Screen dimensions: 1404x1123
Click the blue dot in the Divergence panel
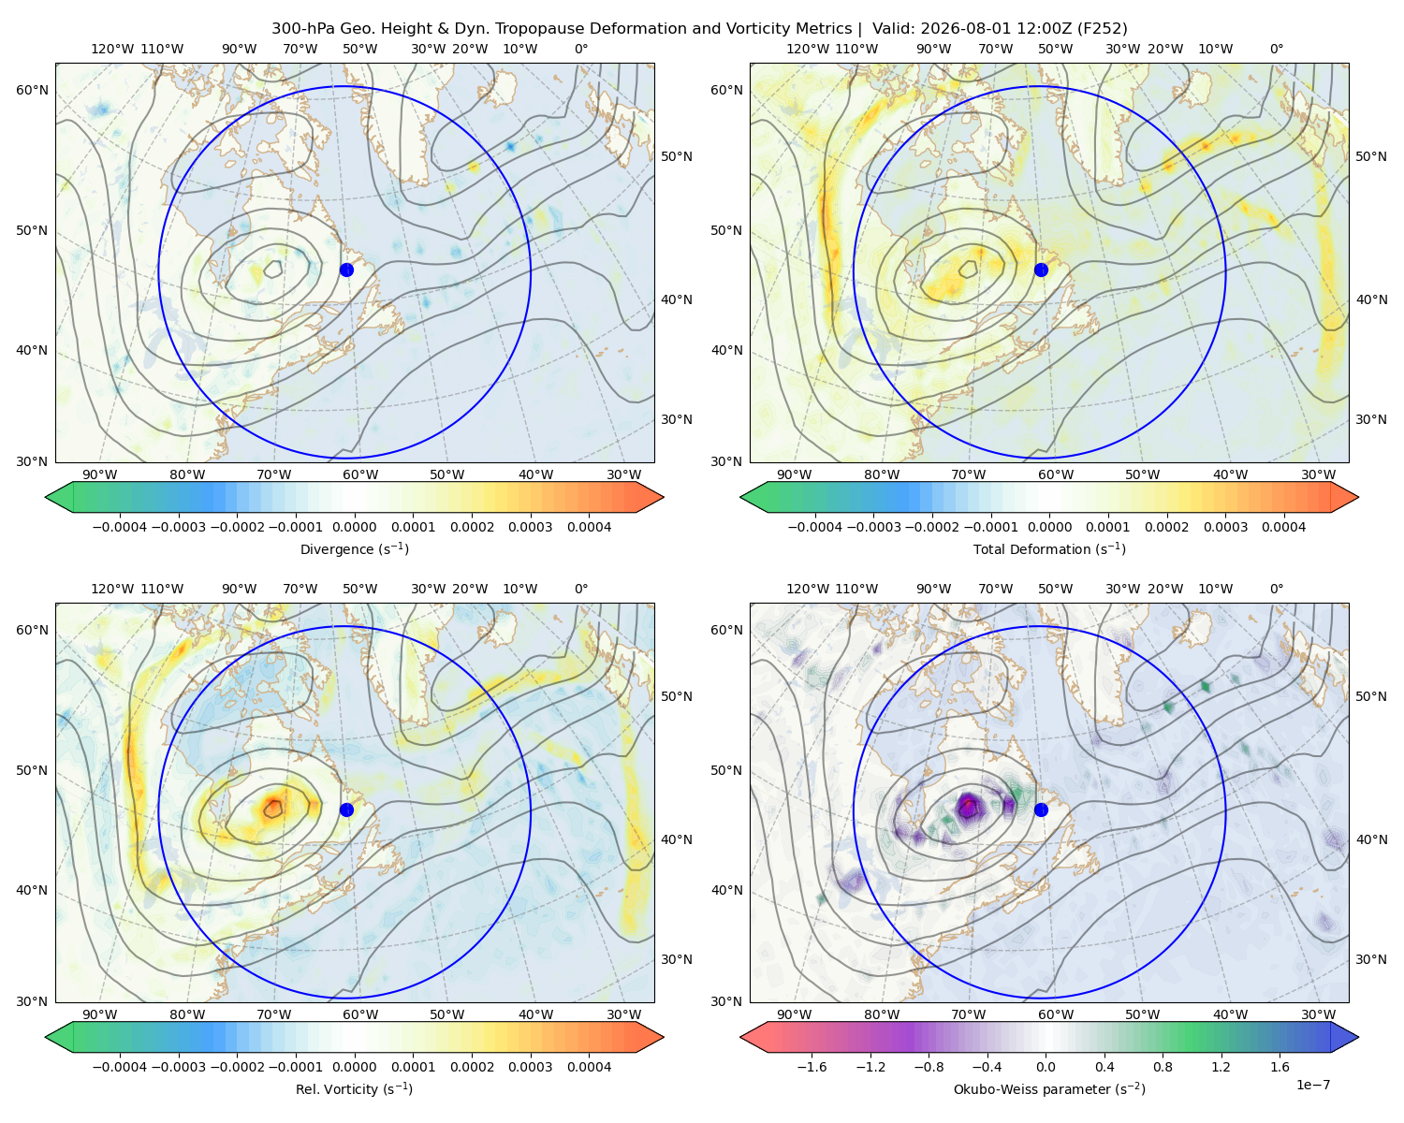coord(346,270)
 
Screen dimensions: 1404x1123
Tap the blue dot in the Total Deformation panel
coord(1041,270)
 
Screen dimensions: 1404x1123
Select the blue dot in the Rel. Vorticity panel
coord(346,809)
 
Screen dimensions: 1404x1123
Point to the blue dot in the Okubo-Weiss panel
coord(1041,809)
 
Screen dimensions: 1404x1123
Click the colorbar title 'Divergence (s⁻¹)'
coord(354,549)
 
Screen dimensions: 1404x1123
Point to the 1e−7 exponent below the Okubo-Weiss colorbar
coord(1312,1086)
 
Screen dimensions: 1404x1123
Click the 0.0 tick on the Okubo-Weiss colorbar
coord(1046,1067)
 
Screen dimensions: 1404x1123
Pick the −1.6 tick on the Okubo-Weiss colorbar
coord(812,1067)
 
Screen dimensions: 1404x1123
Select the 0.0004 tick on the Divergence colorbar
coord(589,527)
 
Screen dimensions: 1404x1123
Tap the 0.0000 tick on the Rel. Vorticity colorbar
coord(354,1067)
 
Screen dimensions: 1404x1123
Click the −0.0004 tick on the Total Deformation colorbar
coord(815,527)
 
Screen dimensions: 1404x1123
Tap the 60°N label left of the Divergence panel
coord(32,90)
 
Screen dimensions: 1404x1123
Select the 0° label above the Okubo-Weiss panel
coord(1277,589)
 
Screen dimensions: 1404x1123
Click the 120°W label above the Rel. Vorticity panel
coord(112,589)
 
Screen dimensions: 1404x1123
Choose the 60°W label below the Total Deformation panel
coord(1056,475)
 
